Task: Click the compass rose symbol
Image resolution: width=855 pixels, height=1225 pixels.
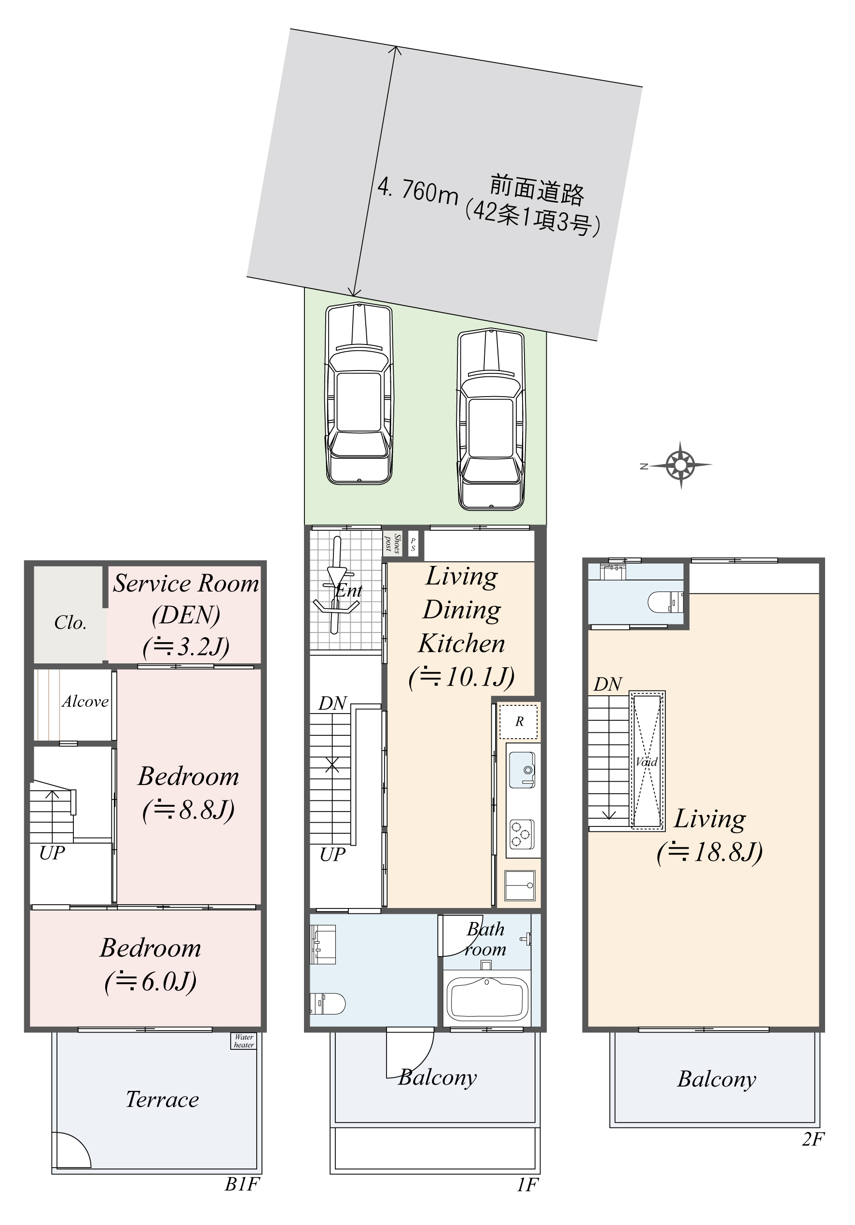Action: pos(680,465)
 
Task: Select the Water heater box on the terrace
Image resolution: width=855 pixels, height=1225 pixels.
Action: pos(243,1041)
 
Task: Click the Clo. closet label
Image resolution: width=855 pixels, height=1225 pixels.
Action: pos(70,623)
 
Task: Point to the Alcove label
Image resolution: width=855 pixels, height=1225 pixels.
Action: pos(85,702)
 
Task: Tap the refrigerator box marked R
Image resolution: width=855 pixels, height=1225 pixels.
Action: pos(518,721)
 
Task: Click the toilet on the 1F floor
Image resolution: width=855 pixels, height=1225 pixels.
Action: pos(328,1004)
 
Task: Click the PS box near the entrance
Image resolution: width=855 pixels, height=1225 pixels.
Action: pos(413,544)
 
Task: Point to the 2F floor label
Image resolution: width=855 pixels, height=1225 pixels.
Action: pos(813,1140)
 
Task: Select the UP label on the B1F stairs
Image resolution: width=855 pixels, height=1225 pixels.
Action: pos(52,853)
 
